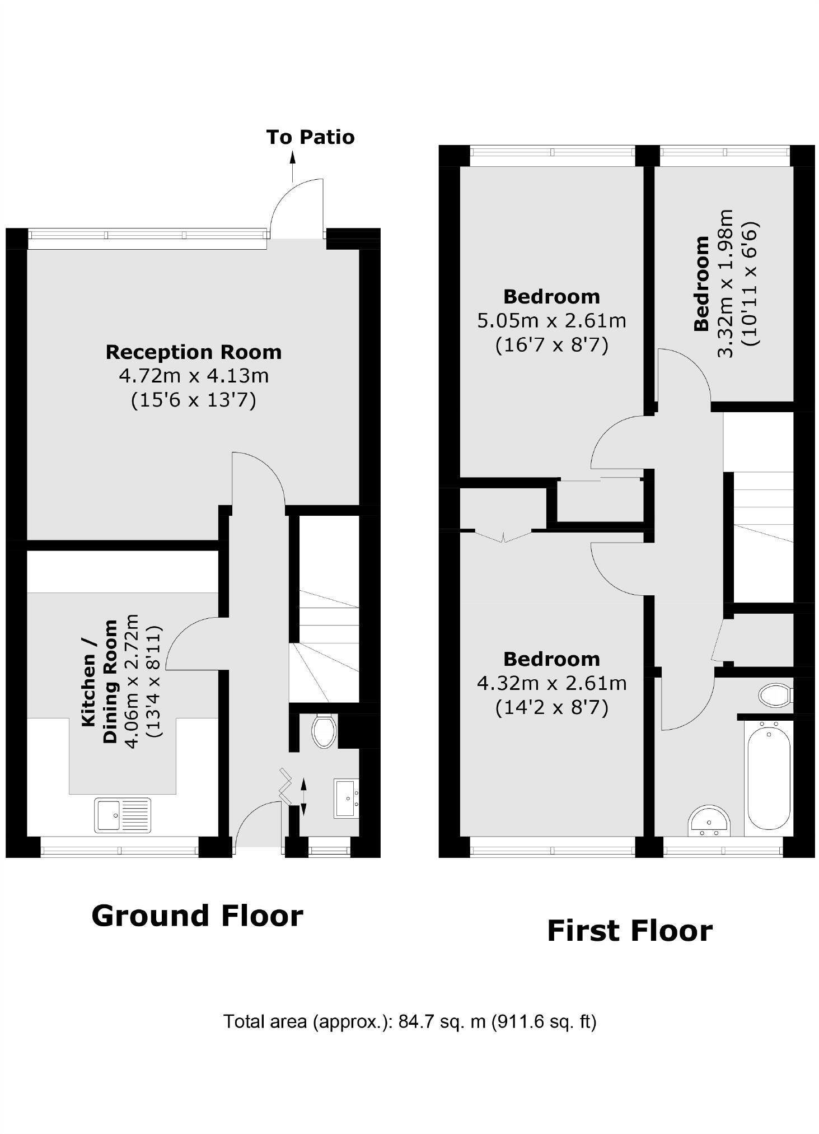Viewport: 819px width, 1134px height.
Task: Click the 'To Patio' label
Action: tap(310, 137)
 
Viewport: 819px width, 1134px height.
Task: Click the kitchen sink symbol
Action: tap(123, 815)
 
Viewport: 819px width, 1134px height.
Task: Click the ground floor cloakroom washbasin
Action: tap(347, 798)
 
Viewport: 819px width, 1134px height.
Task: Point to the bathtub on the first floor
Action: tap(769, 775)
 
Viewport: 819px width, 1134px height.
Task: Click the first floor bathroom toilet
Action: tap(775, 696)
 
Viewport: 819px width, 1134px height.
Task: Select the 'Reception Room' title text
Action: tap(193, 352)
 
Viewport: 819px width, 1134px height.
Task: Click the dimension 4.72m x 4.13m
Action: tap(193, 376)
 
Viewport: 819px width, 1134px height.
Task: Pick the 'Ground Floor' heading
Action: tap(197, 917)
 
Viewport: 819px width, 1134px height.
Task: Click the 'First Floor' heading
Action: tap(629, 931)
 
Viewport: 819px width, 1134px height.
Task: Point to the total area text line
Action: tap(410, 1022)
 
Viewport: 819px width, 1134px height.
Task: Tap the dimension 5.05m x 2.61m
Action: tap(551, 321)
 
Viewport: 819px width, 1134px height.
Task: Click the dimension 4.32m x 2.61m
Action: tap(551, 683)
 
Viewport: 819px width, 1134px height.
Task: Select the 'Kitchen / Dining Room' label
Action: tap(100, 681)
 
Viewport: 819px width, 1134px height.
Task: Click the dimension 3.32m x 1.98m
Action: tap(726, 283)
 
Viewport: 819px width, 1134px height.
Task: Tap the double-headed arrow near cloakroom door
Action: tap(304, 796)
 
